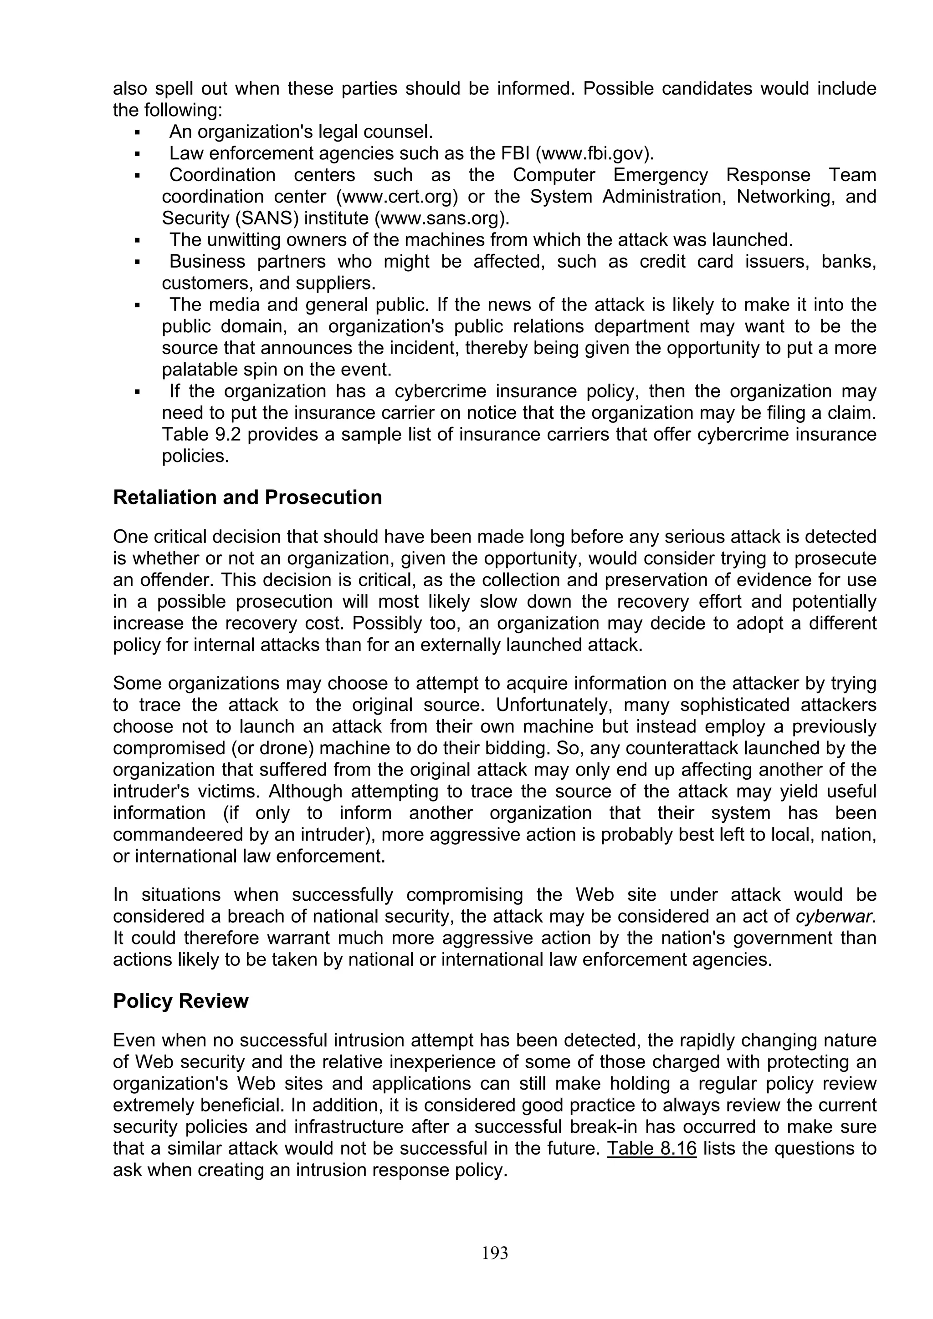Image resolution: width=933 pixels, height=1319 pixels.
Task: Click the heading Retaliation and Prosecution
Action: pos(247,497)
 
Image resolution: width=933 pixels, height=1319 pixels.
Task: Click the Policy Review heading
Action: pos(180,1001)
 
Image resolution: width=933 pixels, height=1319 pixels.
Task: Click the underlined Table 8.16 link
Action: pos(651,1148)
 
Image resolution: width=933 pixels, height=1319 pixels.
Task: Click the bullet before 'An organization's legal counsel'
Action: pos(138,133)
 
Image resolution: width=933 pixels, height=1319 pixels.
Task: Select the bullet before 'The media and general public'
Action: pos(138,305)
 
